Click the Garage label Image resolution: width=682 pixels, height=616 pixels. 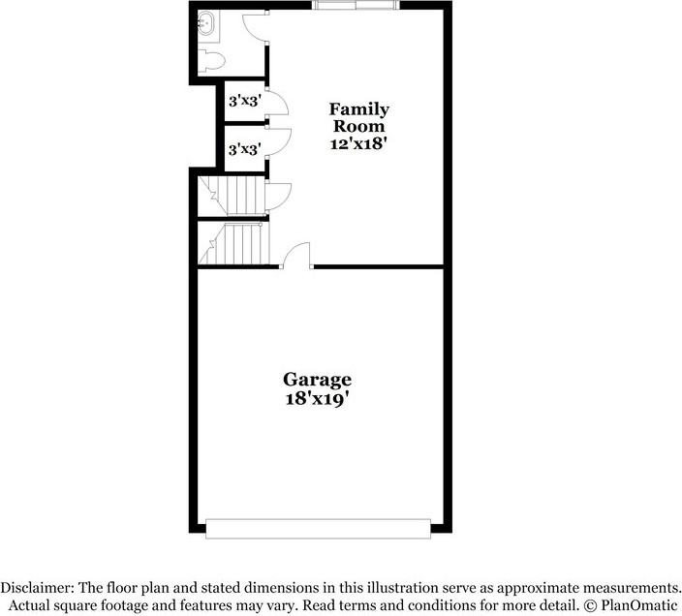(x=317, y=379)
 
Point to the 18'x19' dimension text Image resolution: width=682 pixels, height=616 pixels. (x=317, y=396)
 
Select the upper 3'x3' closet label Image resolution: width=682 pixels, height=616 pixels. (x=243, y=100)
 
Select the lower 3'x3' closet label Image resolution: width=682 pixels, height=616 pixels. (x=243, y=149)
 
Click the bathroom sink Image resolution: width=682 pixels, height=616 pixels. (x=205, y=22)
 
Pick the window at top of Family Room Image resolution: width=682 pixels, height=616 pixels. (x=356, y=6)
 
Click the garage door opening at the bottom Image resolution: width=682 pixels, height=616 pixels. (x=318, y=528)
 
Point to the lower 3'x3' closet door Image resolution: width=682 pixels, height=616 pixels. (x=277, y=142)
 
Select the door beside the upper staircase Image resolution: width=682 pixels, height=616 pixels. (x=277, y=194)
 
